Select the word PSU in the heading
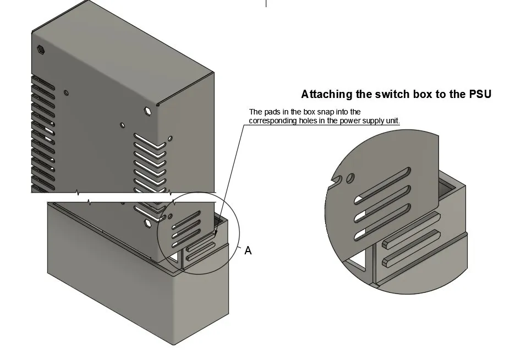(480, 94)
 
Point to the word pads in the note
(273, 112)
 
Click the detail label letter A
(248, 250)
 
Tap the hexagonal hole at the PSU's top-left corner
(41, 49)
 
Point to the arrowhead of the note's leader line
(215, 236)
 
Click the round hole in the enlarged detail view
(350, 178)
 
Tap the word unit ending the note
(392, 121)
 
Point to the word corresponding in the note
(273, 121)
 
